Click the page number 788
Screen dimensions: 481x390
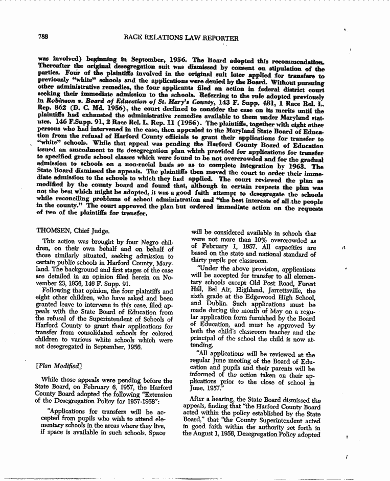click(x=42, y=37)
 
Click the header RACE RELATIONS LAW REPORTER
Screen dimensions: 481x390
click(x=181, y=38)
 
